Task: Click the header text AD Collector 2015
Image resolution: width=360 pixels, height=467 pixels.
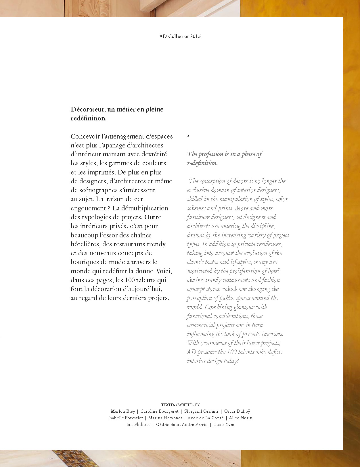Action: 180,36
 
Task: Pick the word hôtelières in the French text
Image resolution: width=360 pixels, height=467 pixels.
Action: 85,244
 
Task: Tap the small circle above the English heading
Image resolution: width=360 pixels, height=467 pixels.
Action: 188,136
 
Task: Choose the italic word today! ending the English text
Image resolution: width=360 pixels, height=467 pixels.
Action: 231,361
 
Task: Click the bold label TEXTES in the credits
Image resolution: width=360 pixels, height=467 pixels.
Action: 168,405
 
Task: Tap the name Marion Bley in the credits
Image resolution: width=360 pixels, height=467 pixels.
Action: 123,411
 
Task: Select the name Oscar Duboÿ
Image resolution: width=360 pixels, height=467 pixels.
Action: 237,411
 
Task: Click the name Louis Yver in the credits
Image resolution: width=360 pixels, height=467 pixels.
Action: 224,424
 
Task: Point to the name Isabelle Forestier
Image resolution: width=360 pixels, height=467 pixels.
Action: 126,418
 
